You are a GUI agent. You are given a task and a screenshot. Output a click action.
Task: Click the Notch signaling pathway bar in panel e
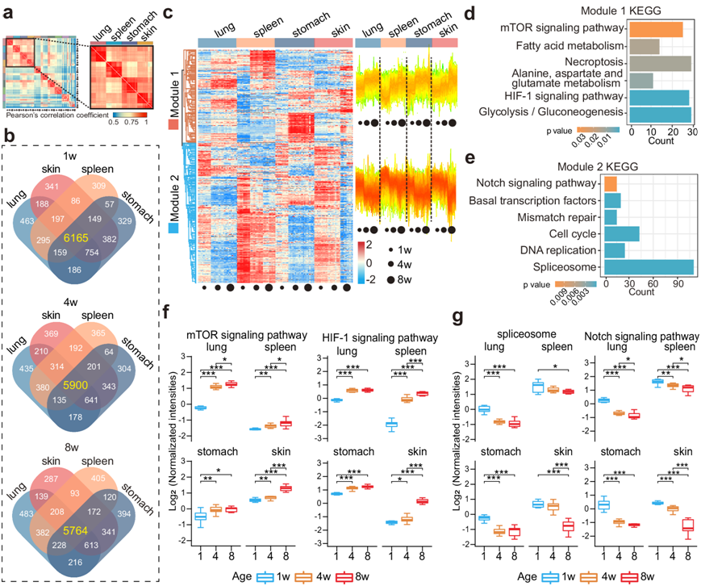tap(611, 184)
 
